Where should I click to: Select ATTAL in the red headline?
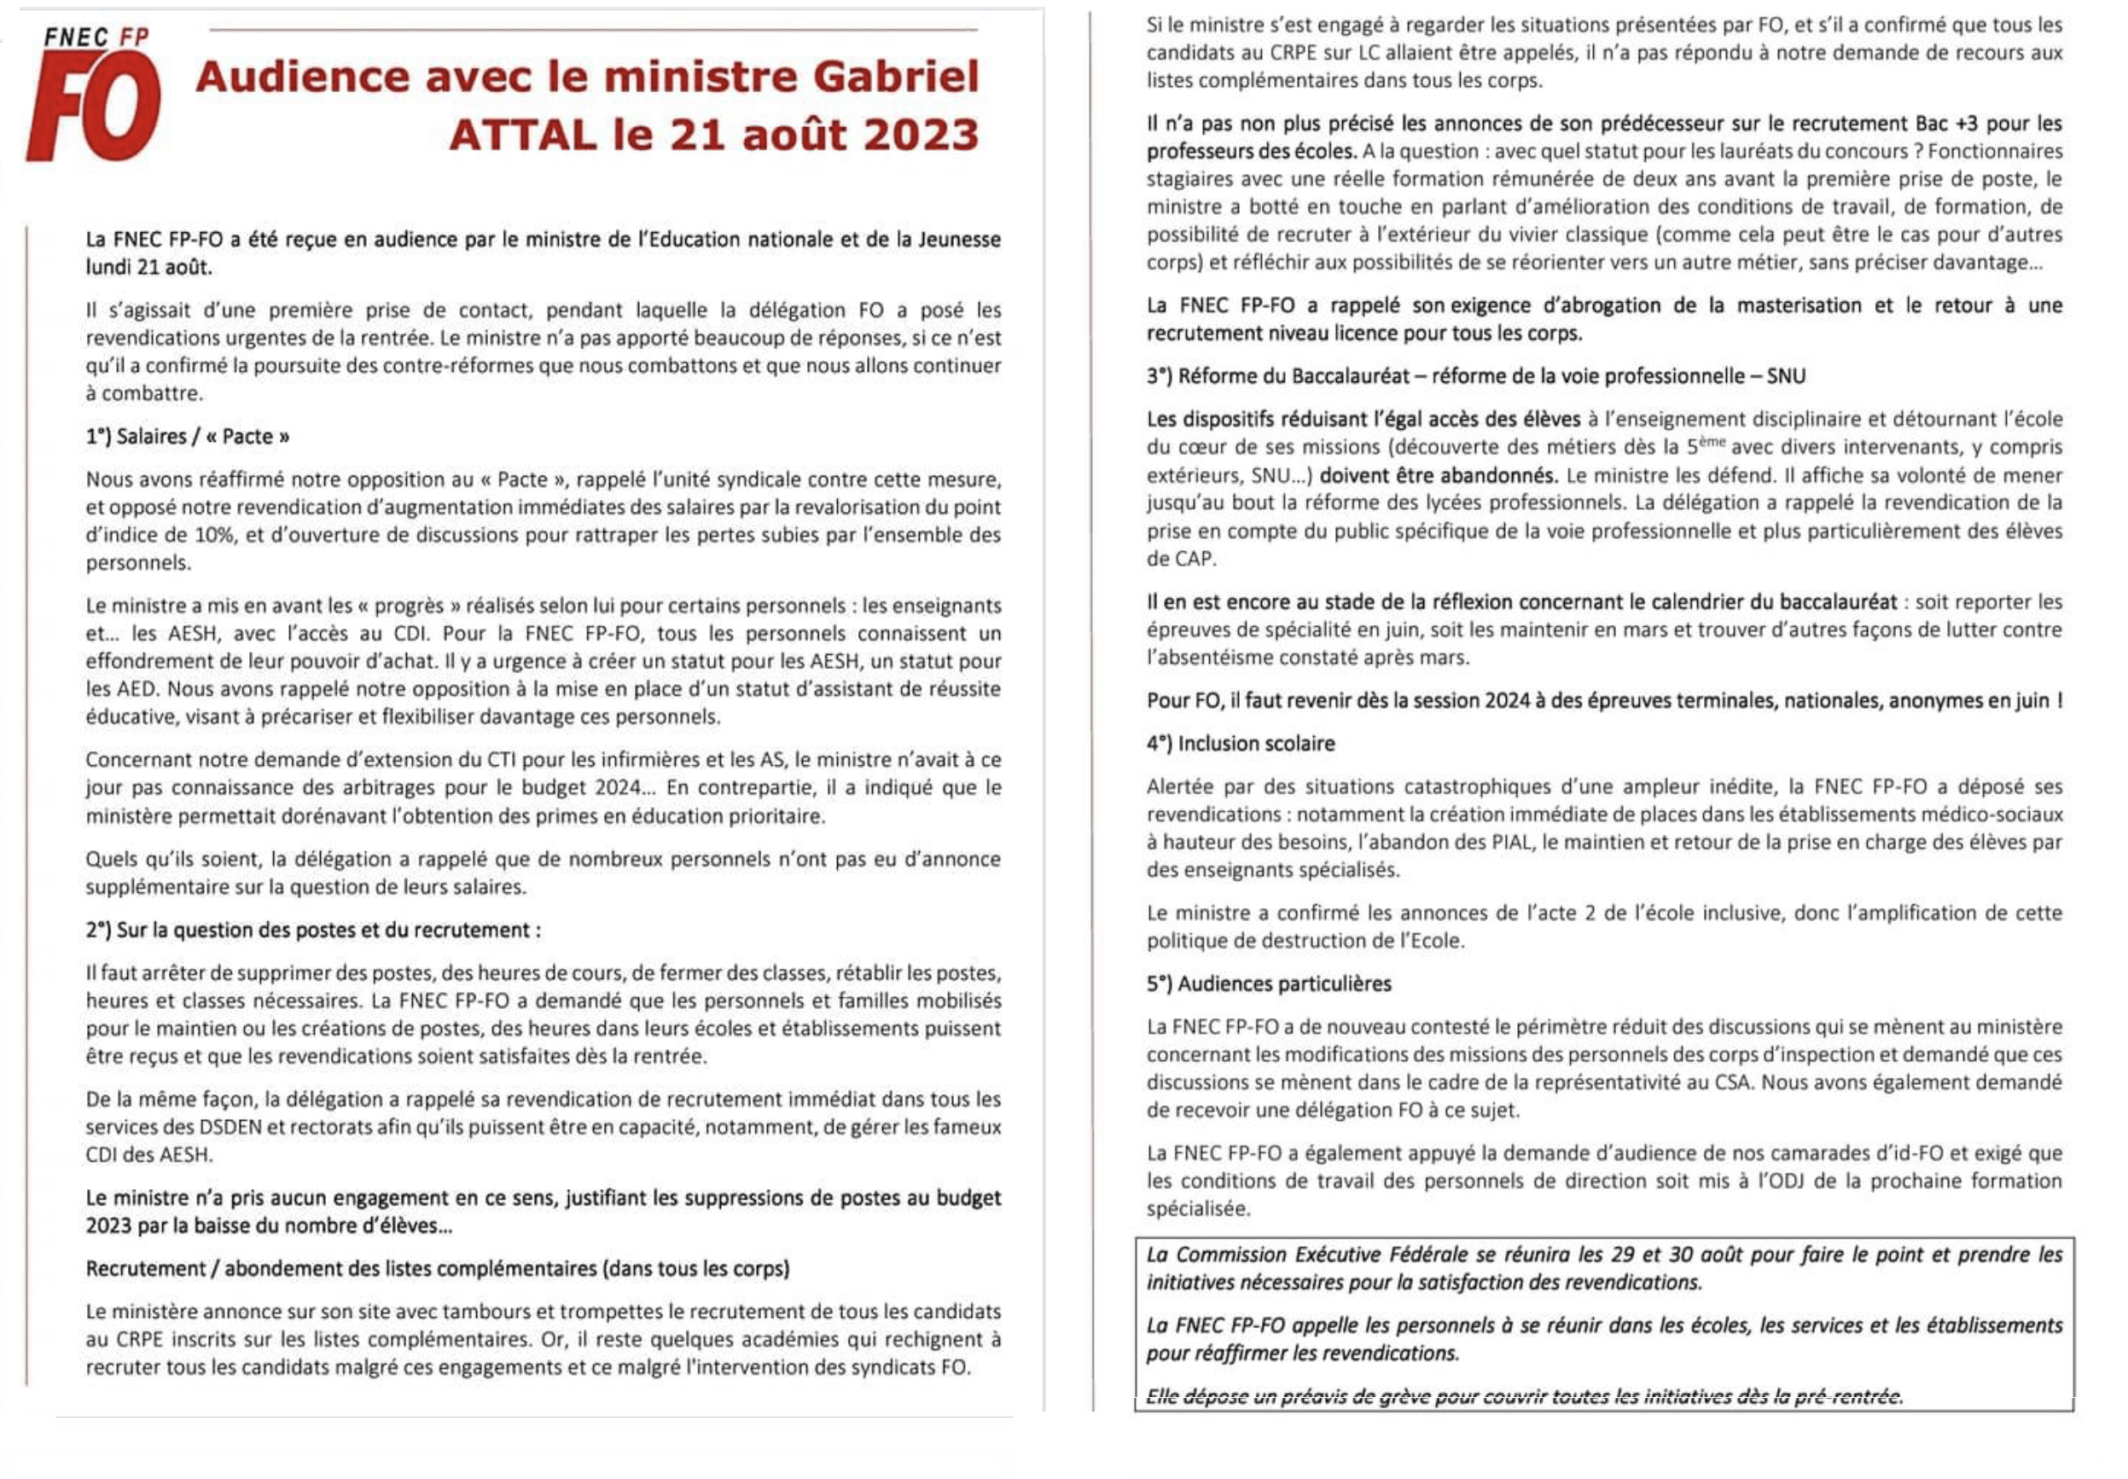pos(523,136)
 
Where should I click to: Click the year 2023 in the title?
pos(922,136)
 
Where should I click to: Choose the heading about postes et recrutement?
pos(313,931)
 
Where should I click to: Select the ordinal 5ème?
pos(1705,447)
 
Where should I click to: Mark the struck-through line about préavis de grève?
pos(1524,1396)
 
